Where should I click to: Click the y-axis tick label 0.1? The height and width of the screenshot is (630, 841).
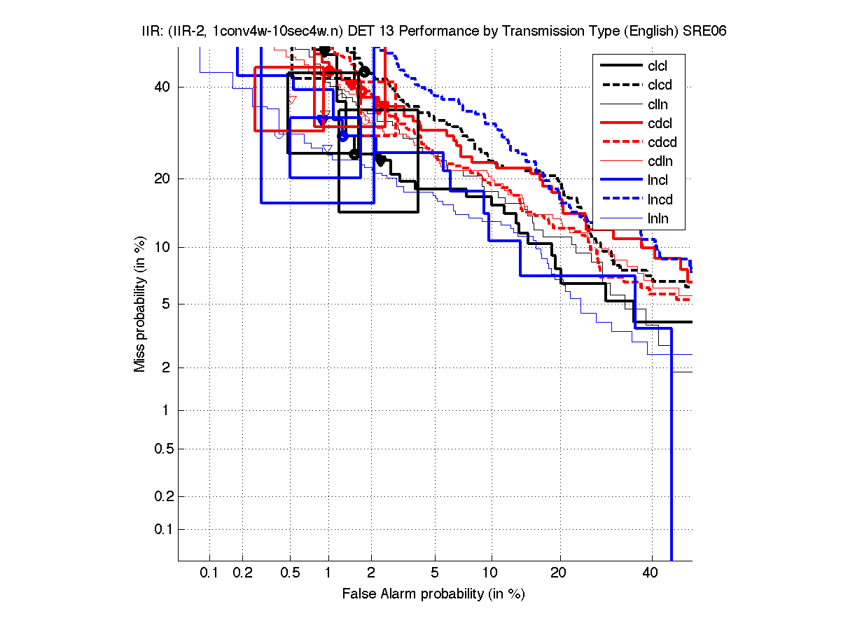click(x=163, y=529)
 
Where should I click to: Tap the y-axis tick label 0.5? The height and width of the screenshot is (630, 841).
click(x=163, y=449)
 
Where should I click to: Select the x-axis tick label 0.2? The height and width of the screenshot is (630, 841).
click(x=243, y=573)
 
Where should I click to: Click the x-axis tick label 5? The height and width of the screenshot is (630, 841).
click(x=435, y=573)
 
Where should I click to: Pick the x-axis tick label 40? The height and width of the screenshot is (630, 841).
click(x=651, y=573)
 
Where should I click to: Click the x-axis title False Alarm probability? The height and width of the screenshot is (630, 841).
click(x=433, y=594)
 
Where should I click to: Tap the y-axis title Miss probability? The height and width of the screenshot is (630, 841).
click(x=141, y=304)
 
